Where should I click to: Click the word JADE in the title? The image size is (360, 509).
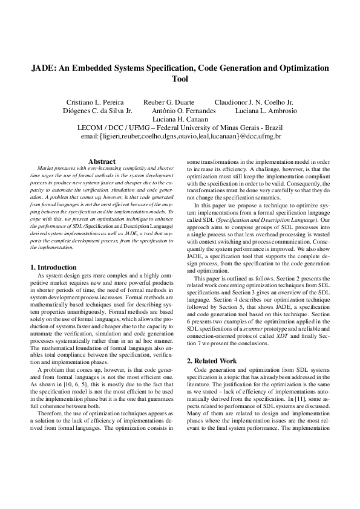pos(45,68)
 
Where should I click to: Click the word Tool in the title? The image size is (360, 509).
pos(180,79)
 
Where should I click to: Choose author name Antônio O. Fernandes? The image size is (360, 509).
pos(183,111)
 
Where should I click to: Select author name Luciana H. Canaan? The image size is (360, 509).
pos(180,120)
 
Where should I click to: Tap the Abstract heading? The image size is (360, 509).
pos(102,161)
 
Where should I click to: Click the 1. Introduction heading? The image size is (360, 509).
pos(53,267)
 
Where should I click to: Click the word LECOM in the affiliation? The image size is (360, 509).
pos(93,128)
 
